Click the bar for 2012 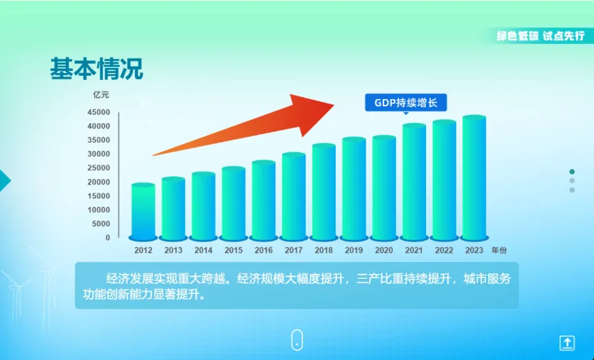tap(143, 212)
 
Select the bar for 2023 tap(474, 178)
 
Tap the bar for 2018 tap(324, 192)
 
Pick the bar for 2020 tap(384, 188)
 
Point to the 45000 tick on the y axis tap(98, 112)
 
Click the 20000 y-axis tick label tap(98, 182)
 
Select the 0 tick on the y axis tap(107, 237)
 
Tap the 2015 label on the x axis tap(233, 250)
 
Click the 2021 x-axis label tap(414, 250)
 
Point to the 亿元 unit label tap(101, 95)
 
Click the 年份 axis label tap(499, 250)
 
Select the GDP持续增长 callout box tap(405, 103)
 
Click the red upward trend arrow tap(243, 125)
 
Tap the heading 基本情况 tap(96, 69)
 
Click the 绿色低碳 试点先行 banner tap(540, 36)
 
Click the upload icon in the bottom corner tap(567, 343)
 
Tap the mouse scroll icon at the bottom tap(297, 340)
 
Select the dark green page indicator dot tap(572, 171)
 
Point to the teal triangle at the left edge tap(5, 181)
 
